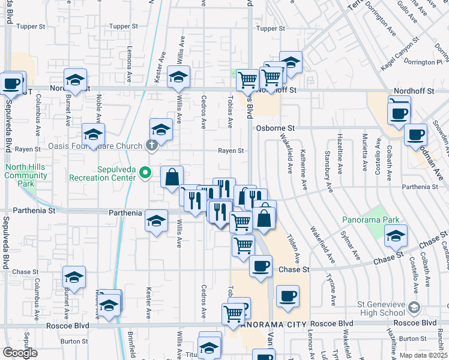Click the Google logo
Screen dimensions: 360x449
[x=20, y=353]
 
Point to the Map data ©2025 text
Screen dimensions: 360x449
[x=423, y=355]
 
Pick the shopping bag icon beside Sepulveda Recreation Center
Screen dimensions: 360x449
[x=172, y=177]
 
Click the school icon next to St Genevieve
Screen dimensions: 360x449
[x=413, y=308]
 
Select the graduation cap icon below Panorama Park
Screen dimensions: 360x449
[x=396, y=236]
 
